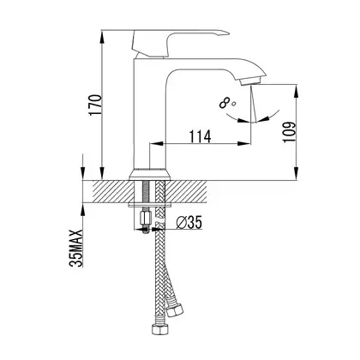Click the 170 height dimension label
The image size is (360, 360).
point(95,105)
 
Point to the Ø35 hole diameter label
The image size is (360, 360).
point(189,222)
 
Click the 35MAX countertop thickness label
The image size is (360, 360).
point(76,248)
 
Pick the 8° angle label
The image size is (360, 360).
point(227,103)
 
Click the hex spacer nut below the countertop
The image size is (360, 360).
point(146,218)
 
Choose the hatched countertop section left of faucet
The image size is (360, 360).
point(112,192)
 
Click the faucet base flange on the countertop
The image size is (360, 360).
point(150,174)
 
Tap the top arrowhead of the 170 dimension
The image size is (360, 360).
point(102,36)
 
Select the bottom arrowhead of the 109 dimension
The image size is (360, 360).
point(297,173)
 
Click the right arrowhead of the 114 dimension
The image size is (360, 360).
point(244,143)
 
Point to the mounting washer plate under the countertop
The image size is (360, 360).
point(150,205)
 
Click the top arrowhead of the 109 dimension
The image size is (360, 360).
point(297,91)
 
